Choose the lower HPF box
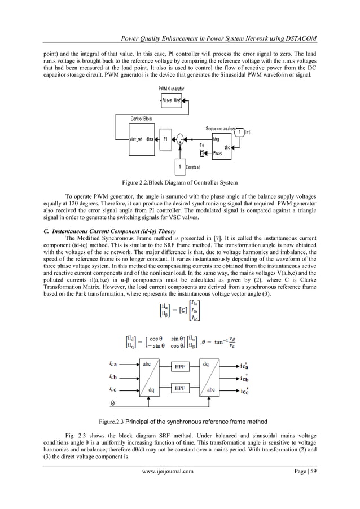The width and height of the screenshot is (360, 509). coord(179,388)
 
